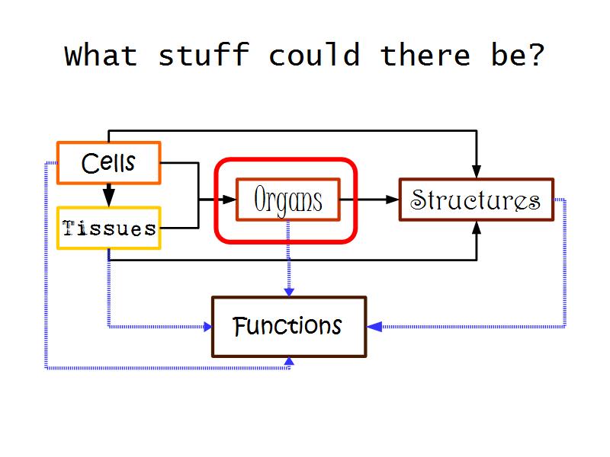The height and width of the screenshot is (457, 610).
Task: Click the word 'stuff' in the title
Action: [x=204, y=55]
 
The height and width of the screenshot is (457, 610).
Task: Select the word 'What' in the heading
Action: [x=101, y=55]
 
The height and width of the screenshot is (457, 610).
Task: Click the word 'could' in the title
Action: [x=314, y=55]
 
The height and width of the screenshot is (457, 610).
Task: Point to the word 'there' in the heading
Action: [x=425, y=55]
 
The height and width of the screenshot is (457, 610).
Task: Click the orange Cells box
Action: [x=108, y=163]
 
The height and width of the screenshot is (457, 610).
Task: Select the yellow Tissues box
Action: [x=109, y=228]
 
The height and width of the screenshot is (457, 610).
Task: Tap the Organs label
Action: [x=287, y=200]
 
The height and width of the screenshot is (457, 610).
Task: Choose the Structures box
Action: [x=476, y=200]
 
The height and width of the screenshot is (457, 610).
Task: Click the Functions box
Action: [x=288, y=327]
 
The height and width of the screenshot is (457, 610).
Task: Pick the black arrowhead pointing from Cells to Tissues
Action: [x=109, y=197]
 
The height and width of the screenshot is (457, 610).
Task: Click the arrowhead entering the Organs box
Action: [x=230, y=200]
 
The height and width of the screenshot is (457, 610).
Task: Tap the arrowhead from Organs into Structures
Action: [x=392, y=200]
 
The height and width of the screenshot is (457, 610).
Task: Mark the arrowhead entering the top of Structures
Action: [x=477, y=171]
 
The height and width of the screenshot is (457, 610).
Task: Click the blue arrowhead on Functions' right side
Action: [x=374, y=327]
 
